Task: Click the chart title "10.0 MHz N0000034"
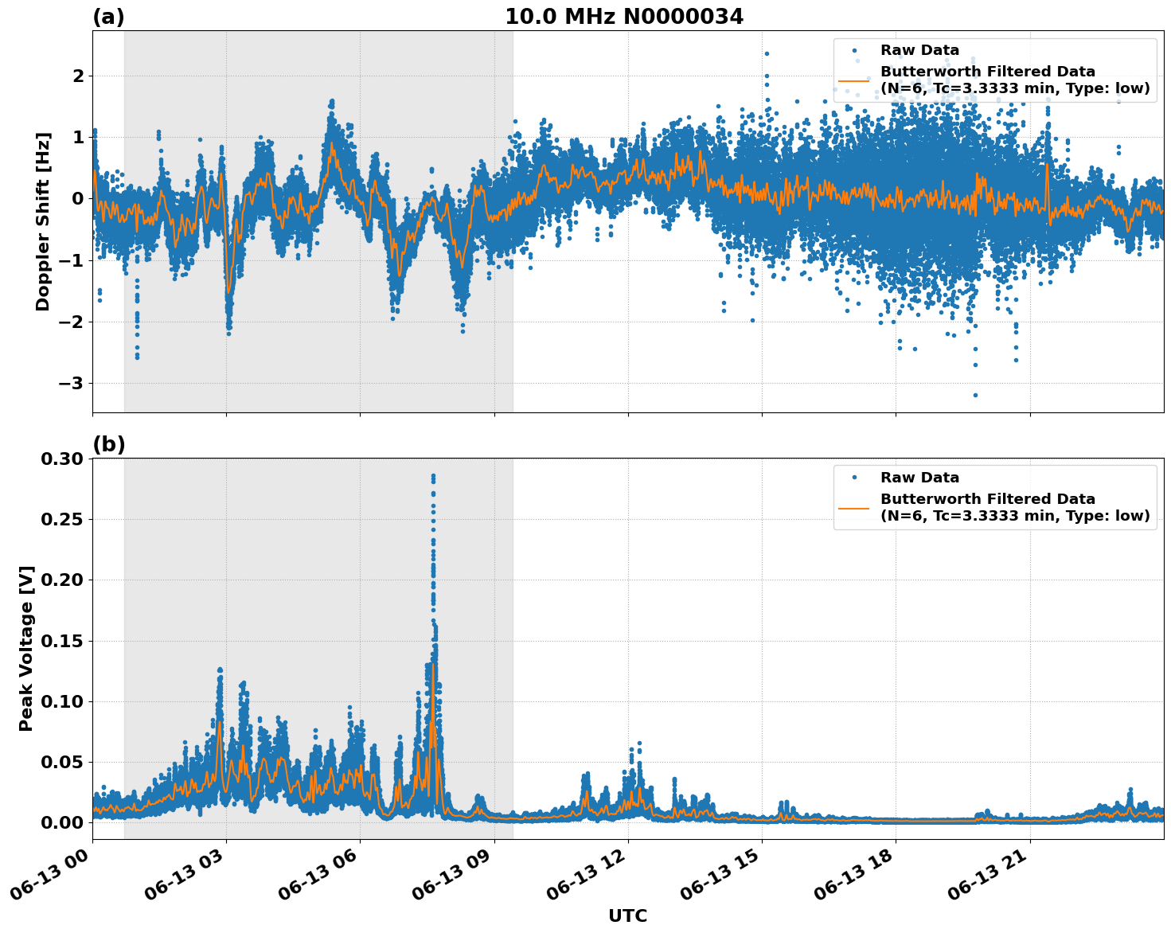pos(623,17)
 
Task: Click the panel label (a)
pos(108,17)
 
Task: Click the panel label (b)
pos(108,444)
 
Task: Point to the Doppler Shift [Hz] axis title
pos(43,221)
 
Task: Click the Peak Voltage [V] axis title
pos(26,648)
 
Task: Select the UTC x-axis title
pos(627,915)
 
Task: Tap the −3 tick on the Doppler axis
pos(72,384)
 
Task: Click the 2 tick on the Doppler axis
pos(78,76)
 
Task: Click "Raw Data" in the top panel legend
pos(919,50)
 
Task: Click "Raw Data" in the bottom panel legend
pos(919,478)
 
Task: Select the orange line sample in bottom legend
pos(853,507)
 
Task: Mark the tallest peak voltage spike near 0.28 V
pos(433,476)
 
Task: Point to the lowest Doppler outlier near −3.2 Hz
pos(975,395)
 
